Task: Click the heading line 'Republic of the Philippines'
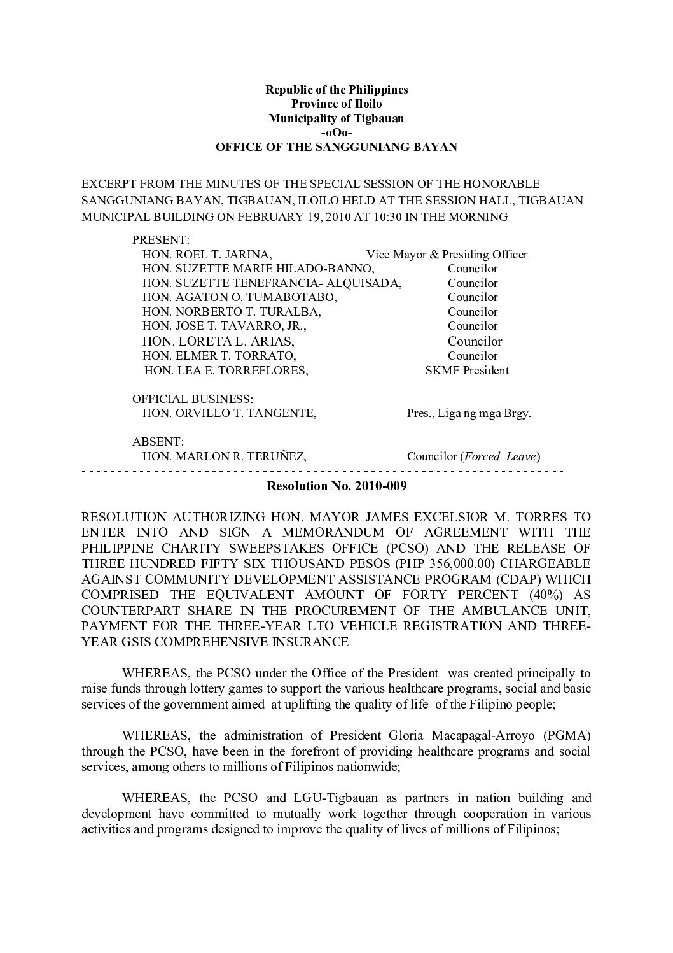336,90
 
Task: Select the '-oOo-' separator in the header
336,132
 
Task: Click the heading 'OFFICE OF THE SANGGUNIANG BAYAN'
336,147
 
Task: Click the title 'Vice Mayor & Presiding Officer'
447,255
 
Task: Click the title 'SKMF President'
467,370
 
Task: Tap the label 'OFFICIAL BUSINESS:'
193,399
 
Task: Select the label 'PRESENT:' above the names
160,240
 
